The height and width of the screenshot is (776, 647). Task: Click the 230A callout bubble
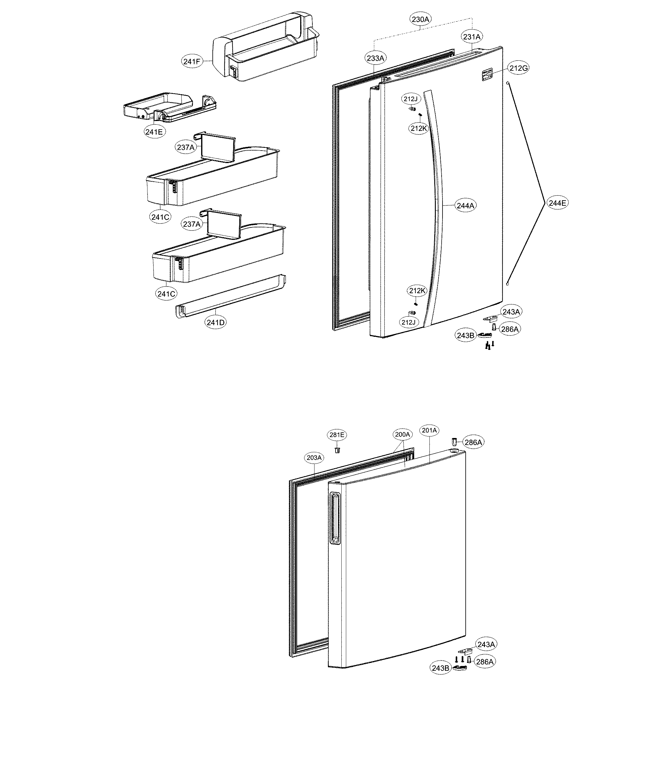pos(421,19)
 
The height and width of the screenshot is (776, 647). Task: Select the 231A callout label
pos(472,37)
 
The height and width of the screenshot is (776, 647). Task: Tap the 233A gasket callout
pos(375,58)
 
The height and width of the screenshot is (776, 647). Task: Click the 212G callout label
pos(518,68)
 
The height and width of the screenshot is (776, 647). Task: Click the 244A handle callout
pos(465,205)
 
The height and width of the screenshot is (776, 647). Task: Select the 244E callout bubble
pos(557,203)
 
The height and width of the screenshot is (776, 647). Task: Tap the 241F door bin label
pos(192,62)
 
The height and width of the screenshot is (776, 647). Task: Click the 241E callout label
pos(154,132)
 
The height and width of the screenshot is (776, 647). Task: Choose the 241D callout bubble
pos(215,322)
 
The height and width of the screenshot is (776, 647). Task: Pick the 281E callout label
pos(337,435)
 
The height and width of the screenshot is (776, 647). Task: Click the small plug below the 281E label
pos(337,450)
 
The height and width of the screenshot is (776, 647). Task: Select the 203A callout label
pos(315,458)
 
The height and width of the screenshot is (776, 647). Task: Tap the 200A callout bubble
pos(402,435)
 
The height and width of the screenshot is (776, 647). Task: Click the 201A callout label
pos(429,430)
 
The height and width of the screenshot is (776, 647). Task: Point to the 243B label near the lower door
pos(440,668)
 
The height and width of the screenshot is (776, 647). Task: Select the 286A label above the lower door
pos(473,442)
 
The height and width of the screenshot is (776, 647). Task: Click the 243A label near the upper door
pos(511,312)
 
